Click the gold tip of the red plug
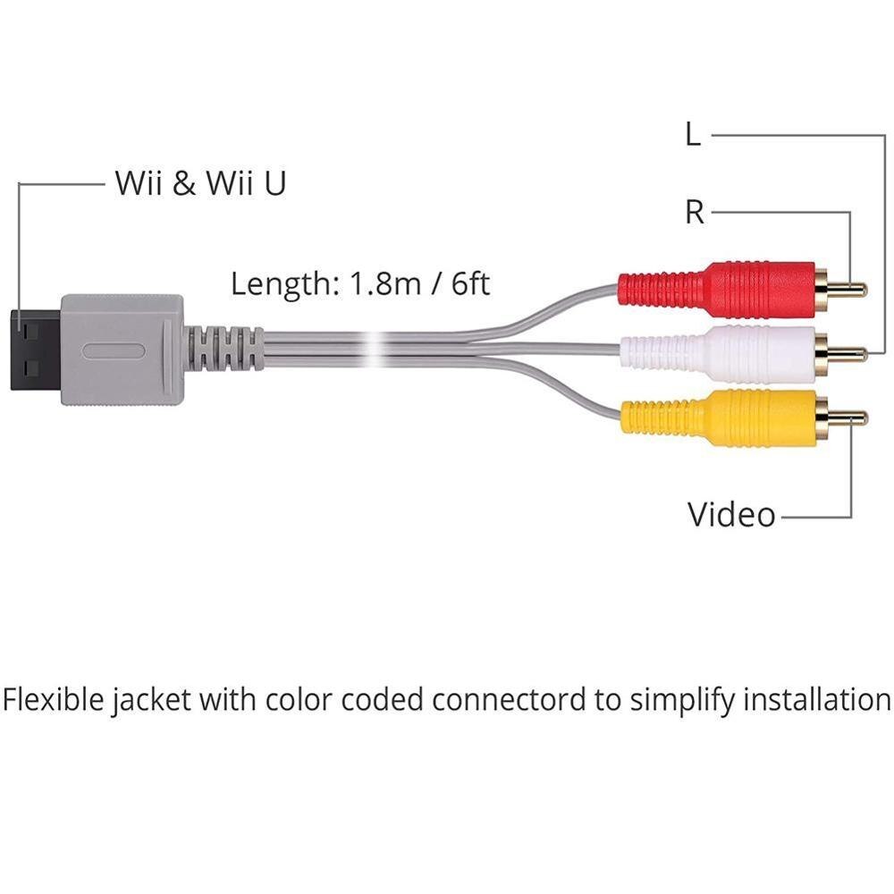[x=850, y=289]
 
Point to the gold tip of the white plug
[x=850, y=354]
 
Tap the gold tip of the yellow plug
[x=850, y=417]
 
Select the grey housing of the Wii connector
[x=121, y=349]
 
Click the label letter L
[x=693, y=136]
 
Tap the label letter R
[x=694, y=213]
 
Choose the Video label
[x=730, y=515]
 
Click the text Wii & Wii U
[x=201, y=184]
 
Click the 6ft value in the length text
[x=468, y=284]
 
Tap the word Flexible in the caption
[x=54, y=699]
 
